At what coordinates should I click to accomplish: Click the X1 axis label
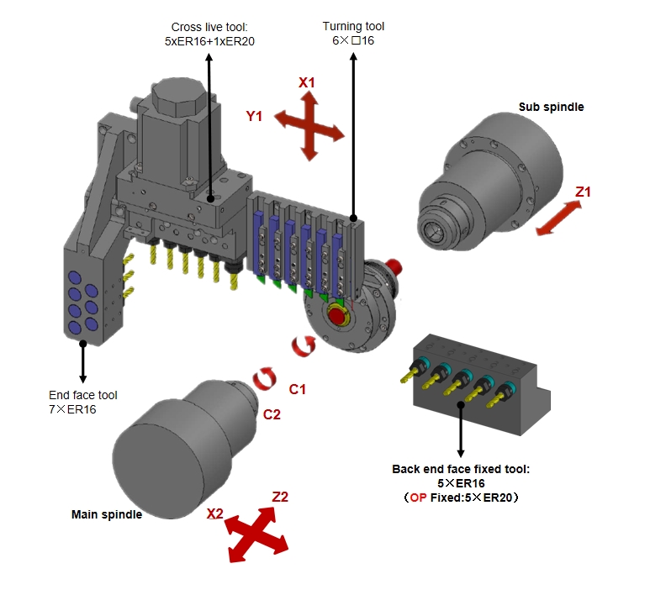pos(307,82)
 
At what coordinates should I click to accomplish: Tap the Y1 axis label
pos(255,117)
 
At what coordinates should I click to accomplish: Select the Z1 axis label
pos(583,192)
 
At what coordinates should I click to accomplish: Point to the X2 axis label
pos(215,513)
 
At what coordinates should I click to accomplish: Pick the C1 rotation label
pos(298,388)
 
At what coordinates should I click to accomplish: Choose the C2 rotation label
pos(272,413)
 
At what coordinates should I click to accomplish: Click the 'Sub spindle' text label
pos(551,107)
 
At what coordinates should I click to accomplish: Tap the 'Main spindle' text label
pos(106,514)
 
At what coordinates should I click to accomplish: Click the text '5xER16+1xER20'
pos(203,41)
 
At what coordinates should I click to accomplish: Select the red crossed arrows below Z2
pos(258,534)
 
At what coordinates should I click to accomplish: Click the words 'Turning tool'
pos(353,27)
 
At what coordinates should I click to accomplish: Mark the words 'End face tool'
pos(82,394)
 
